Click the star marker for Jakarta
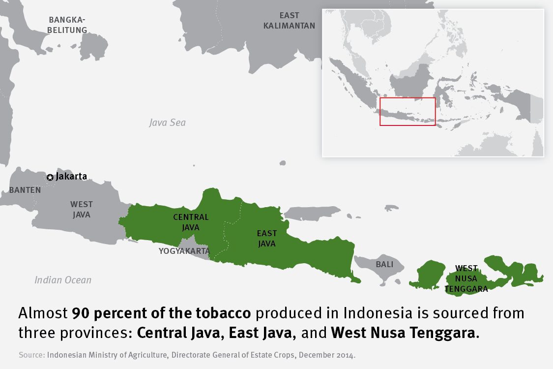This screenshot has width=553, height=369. pyautogui.click(x=50, y=177)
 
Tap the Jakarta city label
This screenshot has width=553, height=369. pyautogui.click(x=71, y=176)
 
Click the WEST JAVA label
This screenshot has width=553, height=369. pyautogui.click(x=81, y=209)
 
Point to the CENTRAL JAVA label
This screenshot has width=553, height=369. pyautogui.click(x=191, y=222)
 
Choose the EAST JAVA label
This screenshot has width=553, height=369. pyautogui.click(x=267, y=238)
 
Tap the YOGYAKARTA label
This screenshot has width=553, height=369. pyautogui.click(x=184, y=251)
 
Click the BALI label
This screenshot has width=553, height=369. pyautogui.click(x=384, y=264)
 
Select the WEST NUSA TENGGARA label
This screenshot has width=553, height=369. pyautogui.click(x=466, y=278)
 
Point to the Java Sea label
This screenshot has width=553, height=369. pyautogui.click(x=168, y=123)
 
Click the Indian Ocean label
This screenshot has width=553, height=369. pyautogui.click(x=63, y=280)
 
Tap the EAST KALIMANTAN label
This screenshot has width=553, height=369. pyautogui.click(x=289, y=21)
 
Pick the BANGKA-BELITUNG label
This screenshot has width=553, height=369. pyautogui.click(x=67, y=25)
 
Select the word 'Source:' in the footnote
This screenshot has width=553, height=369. pyautogui.click(x=32, y=355)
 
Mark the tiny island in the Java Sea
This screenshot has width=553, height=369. pyautogui.click(x=282, y=163)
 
